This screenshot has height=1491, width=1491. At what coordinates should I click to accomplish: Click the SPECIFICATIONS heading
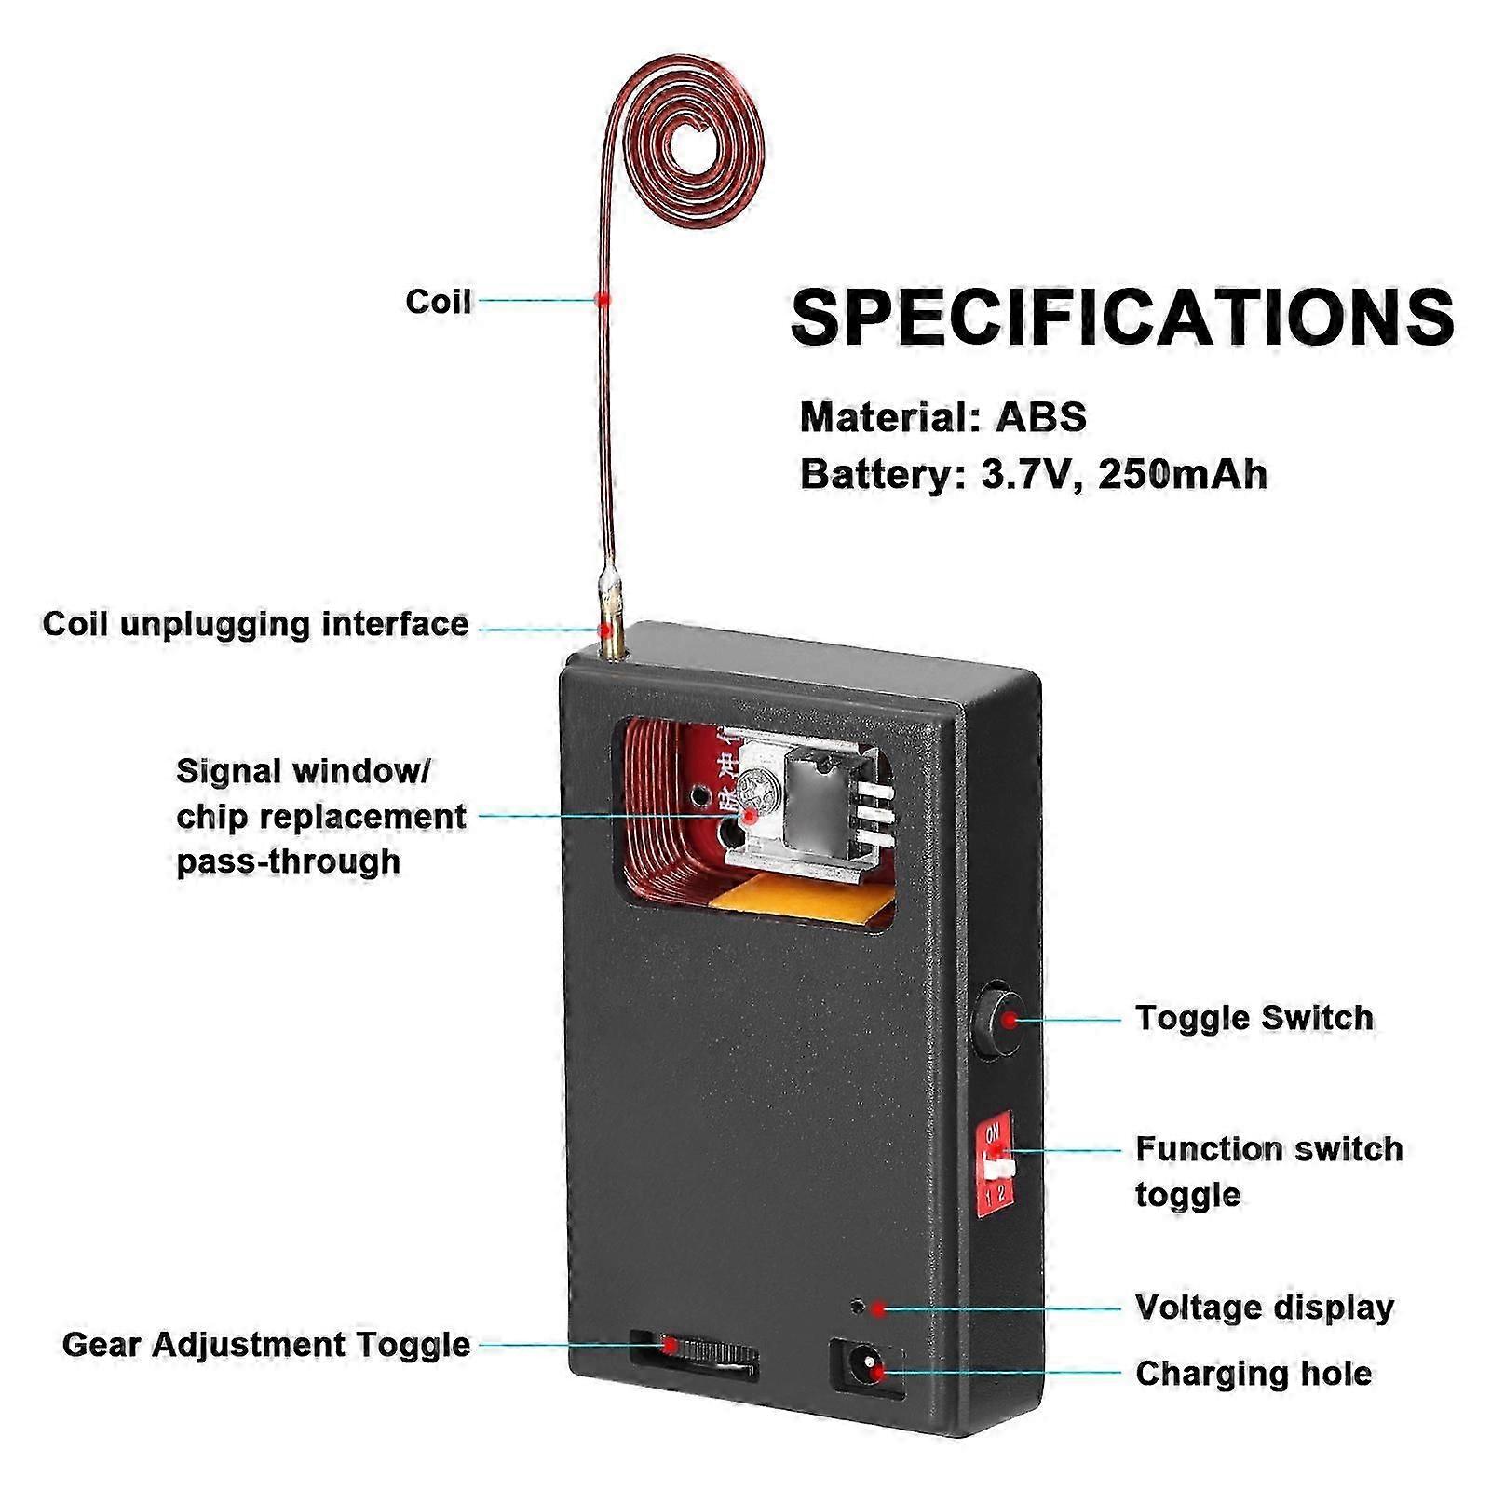[1121, 318]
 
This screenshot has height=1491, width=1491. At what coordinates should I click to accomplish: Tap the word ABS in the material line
[1040, 416]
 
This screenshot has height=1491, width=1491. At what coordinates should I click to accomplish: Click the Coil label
[438, 302]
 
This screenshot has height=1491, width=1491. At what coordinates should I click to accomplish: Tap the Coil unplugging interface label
[255, 624]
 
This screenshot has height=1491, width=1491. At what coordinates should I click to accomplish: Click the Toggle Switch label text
[1254, 1018]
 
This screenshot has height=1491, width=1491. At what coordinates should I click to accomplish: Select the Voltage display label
[1264, 1308]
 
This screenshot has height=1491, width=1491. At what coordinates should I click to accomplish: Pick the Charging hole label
[1253, 1374]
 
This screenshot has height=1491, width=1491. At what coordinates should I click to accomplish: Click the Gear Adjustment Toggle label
[265, 1345]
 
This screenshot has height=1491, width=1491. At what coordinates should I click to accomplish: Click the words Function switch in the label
[1268, 1149]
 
